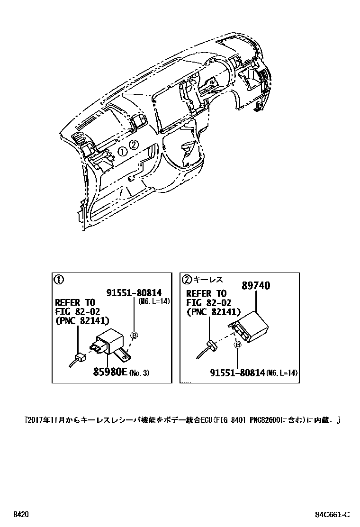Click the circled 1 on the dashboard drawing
coord(122,152)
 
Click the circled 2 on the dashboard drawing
coord(134,145)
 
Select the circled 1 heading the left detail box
coord(59,280)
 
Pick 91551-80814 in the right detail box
coord(237,373)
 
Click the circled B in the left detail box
coord(134,336)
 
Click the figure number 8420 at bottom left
coord(21,514)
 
